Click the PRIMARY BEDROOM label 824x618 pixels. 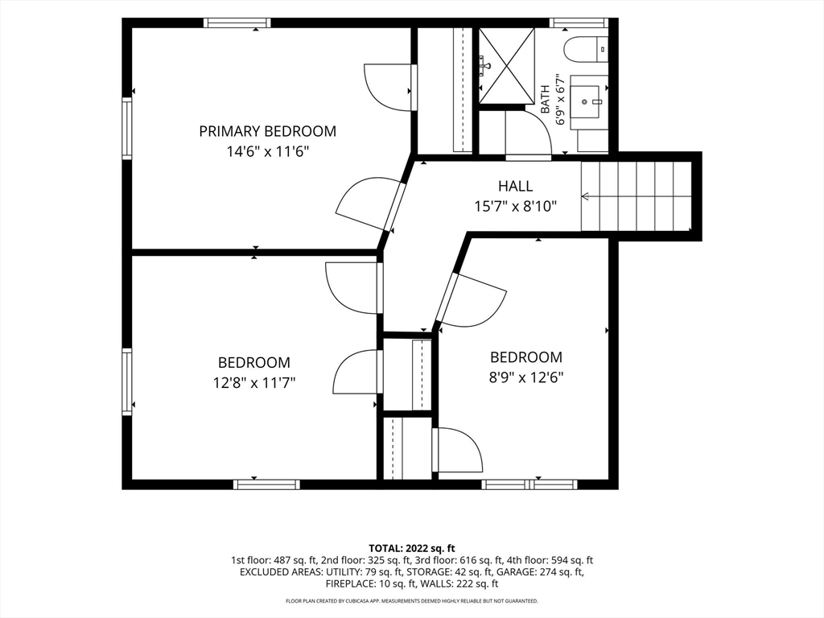click(x=267, y=131)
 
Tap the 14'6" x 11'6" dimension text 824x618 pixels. click(x=267, y=152)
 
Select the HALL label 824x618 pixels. click(x=516, y=186)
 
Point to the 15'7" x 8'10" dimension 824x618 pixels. click(x=516, y=207)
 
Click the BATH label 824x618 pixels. click(x=546, y=99)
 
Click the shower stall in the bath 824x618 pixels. click(x=506, y=64)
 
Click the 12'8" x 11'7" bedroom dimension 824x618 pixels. click(x=254, y=383)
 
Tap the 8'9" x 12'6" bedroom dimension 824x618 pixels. click(x=526, y=378)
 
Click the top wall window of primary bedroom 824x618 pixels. click(x=237, y=23)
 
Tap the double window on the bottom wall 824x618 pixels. click(x=529, y=484)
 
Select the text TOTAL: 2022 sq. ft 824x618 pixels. click(x=411, y=549)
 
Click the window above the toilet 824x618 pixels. click(x=579, y=23)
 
